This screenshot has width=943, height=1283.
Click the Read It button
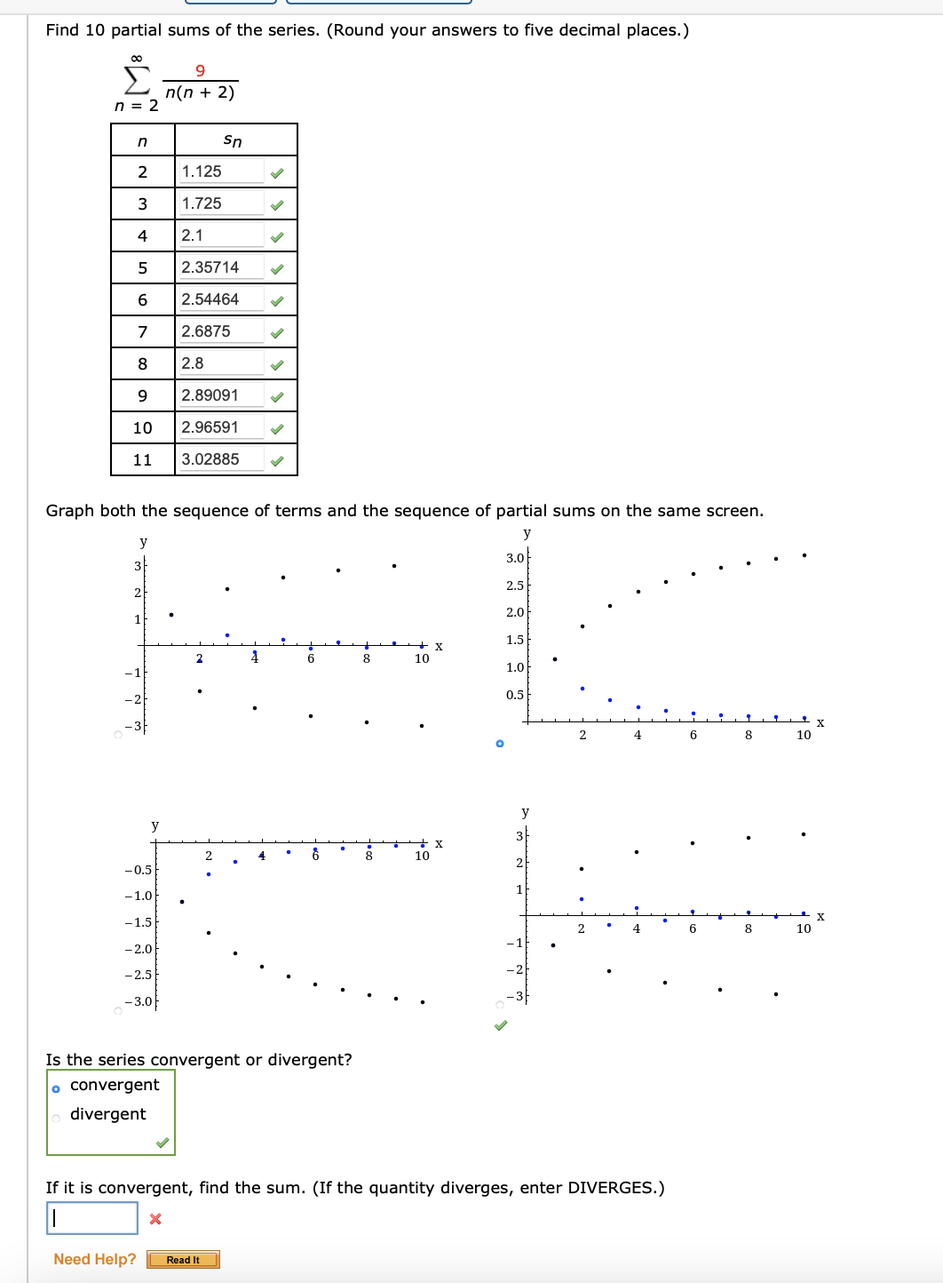coord(183,1260)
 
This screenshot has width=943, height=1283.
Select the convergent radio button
coord(56,1089)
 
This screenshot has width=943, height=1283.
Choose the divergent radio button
coord(56,1118)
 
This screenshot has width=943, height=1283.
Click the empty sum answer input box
coord(92,1218)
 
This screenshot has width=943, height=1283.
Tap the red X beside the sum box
coord(155,1219)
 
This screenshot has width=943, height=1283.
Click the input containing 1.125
coord(221,171)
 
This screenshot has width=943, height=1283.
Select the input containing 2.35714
coord(221,267)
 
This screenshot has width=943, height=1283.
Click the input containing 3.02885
coord(221,459)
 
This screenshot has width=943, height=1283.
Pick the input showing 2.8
coord(221,363)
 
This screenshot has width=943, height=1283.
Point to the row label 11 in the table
coord(142,459)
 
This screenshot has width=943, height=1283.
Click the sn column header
coord(233,140)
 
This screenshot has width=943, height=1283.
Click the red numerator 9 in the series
coord(200,70)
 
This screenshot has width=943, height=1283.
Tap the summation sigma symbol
coord(136,81)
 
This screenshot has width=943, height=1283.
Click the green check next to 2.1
coord(277,236)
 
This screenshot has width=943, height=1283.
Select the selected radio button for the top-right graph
coord(500,743)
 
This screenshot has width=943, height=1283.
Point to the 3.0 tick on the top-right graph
coord(515,558)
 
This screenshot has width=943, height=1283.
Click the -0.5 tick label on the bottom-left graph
coord(139,870)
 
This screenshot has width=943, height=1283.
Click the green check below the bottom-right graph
coord(501,1025)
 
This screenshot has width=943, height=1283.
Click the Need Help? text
coord(95,1259)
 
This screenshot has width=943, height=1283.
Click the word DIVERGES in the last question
coord(609,1188)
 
